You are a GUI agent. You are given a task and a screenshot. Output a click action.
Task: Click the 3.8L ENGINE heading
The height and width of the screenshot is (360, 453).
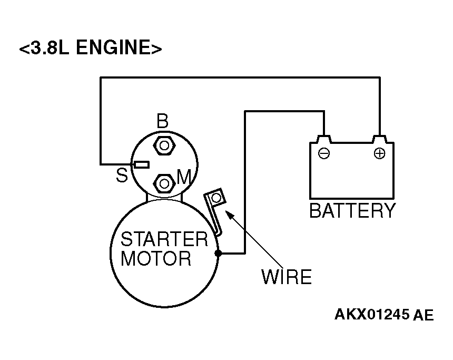pos(91,47)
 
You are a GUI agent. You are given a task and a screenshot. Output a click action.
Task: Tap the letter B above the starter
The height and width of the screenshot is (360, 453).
pos(162,121)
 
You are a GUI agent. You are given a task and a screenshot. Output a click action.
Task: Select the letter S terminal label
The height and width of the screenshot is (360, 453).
pos(122,175)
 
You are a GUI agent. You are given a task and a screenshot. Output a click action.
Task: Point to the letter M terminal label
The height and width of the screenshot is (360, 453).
pos(184,177)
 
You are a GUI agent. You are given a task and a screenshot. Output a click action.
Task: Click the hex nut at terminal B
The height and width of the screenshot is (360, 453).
pos(164,145)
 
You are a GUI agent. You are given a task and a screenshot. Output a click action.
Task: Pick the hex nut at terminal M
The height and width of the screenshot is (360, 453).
pos(164,183)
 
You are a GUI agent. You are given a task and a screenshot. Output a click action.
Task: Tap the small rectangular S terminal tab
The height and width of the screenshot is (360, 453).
pos(142,165)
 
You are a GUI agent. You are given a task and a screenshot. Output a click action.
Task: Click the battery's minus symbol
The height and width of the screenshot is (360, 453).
pos(323,153)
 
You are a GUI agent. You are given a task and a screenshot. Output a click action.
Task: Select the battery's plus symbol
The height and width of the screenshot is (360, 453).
pos(379,153)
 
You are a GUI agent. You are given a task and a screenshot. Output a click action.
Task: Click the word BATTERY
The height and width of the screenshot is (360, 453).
pos(352,210)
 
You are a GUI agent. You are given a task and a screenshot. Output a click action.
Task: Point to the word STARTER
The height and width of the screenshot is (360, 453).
pos(164,239)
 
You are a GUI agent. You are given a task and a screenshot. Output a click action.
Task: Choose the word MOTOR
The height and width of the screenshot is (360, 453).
pos(156,258)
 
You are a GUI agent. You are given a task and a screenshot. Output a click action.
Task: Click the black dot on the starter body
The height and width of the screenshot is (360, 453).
pos(218,254)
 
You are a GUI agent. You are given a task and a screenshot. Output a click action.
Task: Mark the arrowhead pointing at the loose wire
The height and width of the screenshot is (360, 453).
pos(229,215)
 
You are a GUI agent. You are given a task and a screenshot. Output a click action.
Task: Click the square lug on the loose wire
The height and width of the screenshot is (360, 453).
pos(216,198)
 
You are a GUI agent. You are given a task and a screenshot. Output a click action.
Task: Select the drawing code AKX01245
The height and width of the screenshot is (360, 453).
pos(372,314)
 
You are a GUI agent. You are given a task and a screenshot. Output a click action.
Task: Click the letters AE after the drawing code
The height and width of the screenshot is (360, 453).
pos(424,315)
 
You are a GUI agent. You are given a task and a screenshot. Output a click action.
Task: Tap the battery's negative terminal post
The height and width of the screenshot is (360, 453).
pos(324,139)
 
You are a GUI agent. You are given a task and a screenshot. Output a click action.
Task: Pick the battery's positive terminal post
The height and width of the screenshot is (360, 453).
pos(380,139)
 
